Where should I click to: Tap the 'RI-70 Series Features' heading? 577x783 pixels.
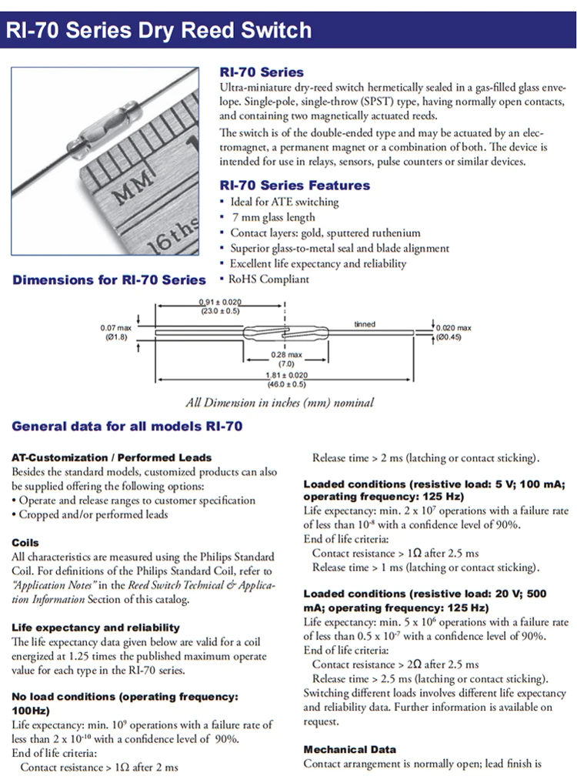pyautogui.click(x=295, y=186)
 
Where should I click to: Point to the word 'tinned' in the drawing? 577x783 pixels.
pyautogui.click(x=365, y=324)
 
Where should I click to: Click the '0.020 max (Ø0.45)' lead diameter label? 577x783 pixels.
pyautogui.click(x=453, y=333)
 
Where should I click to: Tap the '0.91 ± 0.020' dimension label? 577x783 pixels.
pyautogui.click(x=220, y=306)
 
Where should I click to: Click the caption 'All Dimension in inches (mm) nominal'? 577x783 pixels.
pyautogui.click(x=280, y=403)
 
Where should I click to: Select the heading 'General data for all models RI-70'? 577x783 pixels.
pyautogui.click(x=128, y=426)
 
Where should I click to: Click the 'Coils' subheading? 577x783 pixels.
pyautogui.click(x=25, y=543)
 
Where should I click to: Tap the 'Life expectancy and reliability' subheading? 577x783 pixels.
pyautogui.click(x=95, y=627)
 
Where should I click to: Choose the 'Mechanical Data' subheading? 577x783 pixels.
pyautogui.click(x=350, y=749)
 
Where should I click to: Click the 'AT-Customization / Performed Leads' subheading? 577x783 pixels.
pyautogui.click(x=112, y=457)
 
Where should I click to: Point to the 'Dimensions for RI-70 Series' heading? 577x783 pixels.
pyautogui.click(x=109, y=279)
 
